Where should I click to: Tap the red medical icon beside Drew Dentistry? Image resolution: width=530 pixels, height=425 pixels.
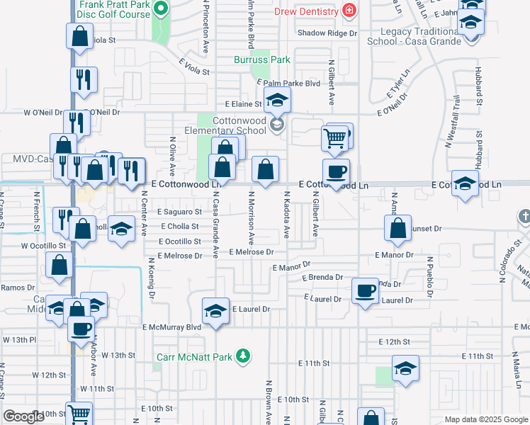tap(349, 10)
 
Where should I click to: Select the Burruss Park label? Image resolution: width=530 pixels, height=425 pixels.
tap(258, 60)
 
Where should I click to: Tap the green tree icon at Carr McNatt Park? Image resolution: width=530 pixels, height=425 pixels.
tap(243, 354)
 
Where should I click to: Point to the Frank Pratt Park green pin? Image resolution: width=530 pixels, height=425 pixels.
tap(161, 9)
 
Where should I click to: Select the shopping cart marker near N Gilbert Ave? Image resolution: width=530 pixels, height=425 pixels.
tap(335, 137)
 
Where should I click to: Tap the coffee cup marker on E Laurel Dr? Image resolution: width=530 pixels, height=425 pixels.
tap(366, 291)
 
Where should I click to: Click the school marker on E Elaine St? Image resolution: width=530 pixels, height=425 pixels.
tap(278, 100)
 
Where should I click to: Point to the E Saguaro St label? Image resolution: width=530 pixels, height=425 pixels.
tap(179, 212)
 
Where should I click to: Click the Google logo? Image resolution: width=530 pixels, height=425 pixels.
tap(25, 416)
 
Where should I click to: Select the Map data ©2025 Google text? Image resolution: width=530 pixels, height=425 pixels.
tap(486, 419)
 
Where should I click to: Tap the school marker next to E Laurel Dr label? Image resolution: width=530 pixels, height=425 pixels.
tap(215, 310)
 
